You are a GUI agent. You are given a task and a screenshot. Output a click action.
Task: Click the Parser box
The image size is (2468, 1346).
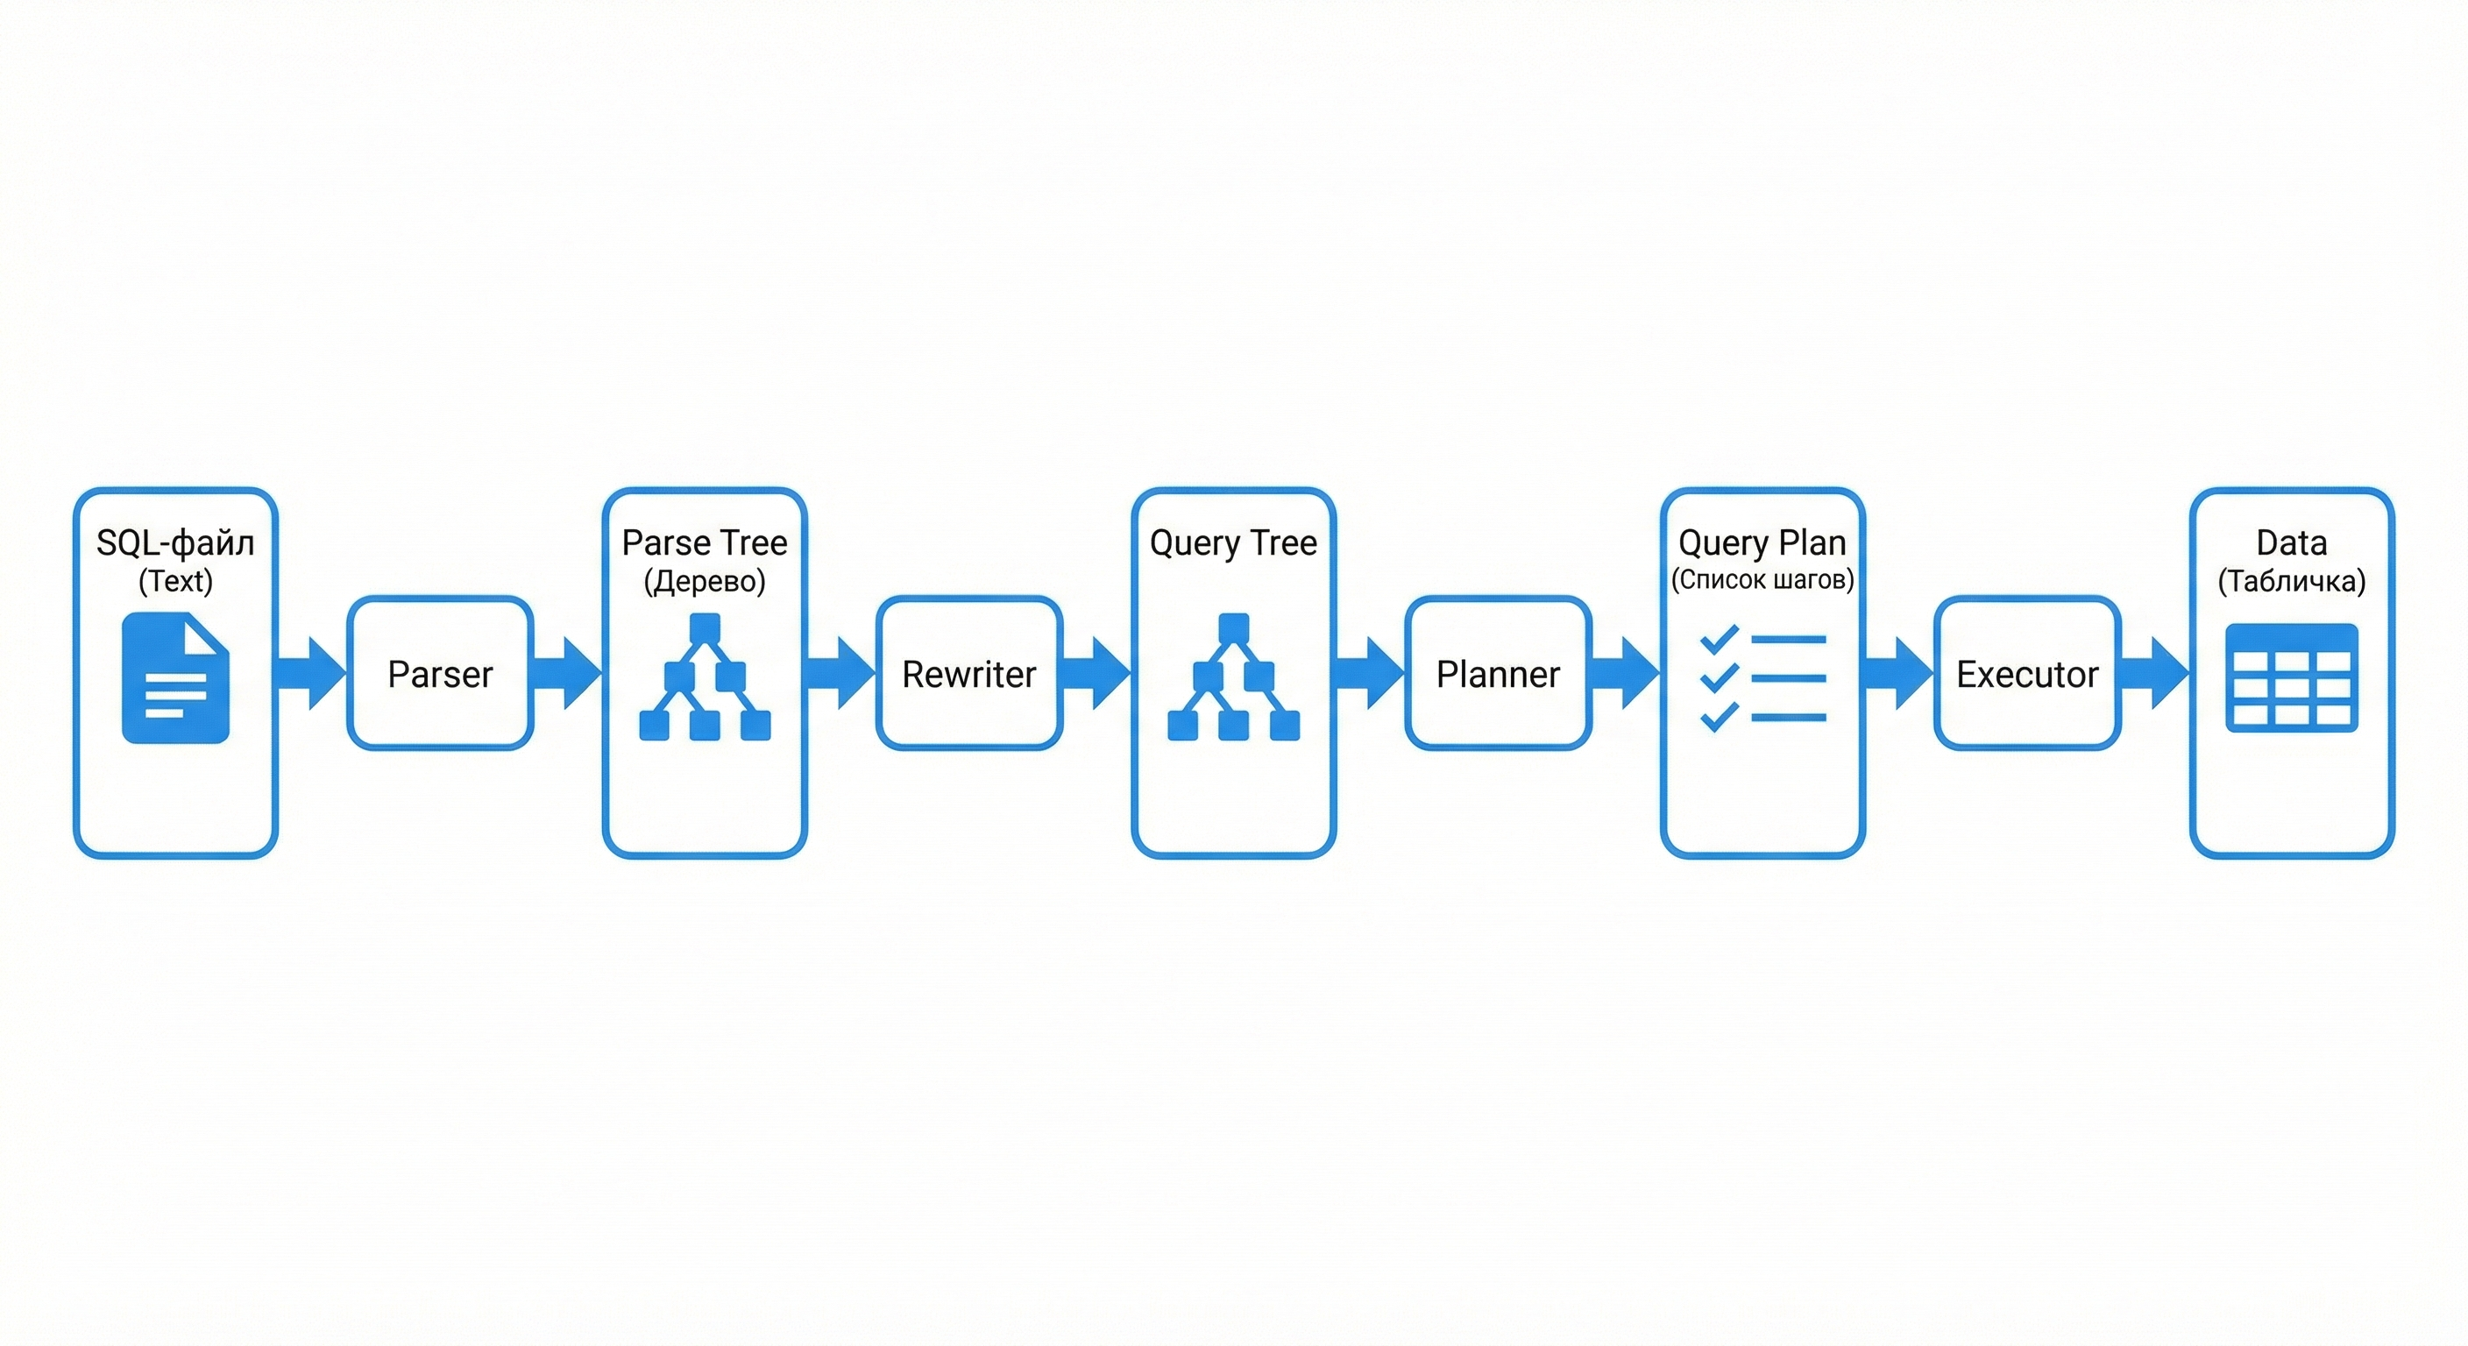pyautogui.click(x=440, y=674)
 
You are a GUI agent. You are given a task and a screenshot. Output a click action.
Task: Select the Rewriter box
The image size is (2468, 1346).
pyautogui.click(x=968, y=674)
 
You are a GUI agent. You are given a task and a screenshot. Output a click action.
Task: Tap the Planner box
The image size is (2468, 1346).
pyautogui.click(x=1498, y=674)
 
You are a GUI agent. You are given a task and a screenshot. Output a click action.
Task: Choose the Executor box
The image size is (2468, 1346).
pyautogui.click(x=2026, y=674)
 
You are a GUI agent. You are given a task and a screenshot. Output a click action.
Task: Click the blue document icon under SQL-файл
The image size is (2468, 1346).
pyautogui.click(x=175, y=678)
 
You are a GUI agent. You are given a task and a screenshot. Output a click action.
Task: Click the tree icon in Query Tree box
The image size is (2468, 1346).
pyautogui.click(x=1233, y=677)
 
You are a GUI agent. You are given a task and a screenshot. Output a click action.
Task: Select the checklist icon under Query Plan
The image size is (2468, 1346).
pyautogui.click(x=1762, y=677)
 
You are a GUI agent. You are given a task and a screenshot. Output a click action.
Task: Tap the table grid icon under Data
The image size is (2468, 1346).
pyautogui.click(x=2291, y=678)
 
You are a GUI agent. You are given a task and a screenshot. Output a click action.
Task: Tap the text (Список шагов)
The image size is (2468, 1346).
pyautogui.click(x=1762, y=579)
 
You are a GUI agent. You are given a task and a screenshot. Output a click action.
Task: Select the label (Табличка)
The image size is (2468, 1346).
pyautogui.click(x=2291, y=581)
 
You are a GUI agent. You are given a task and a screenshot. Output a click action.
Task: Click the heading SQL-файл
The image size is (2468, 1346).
pyautogui.click(x=175, y=542)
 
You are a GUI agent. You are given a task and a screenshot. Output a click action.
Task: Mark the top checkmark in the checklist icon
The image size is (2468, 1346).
pyautogui.click(x=1719, y=639)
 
